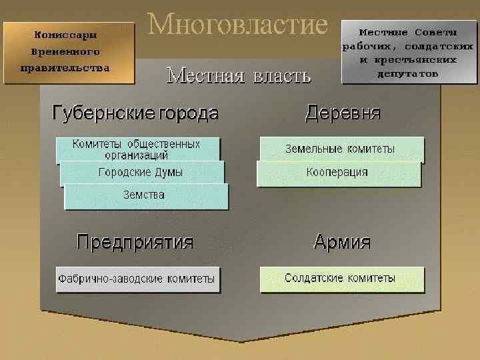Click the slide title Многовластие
point(238,25)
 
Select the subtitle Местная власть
point(238,75)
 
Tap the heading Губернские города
point(135,113)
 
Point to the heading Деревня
point(343,113)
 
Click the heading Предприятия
point(135,241)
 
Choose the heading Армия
point(342,241)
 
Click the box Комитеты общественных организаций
point(137,149)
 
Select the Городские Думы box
point(141,172)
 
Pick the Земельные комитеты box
point(340,149)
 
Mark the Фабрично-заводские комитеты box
point(137,279)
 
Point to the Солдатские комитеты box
point(340,278)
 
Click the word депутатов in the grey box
point(408,73)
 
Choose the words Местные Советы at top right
point(408,32)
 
